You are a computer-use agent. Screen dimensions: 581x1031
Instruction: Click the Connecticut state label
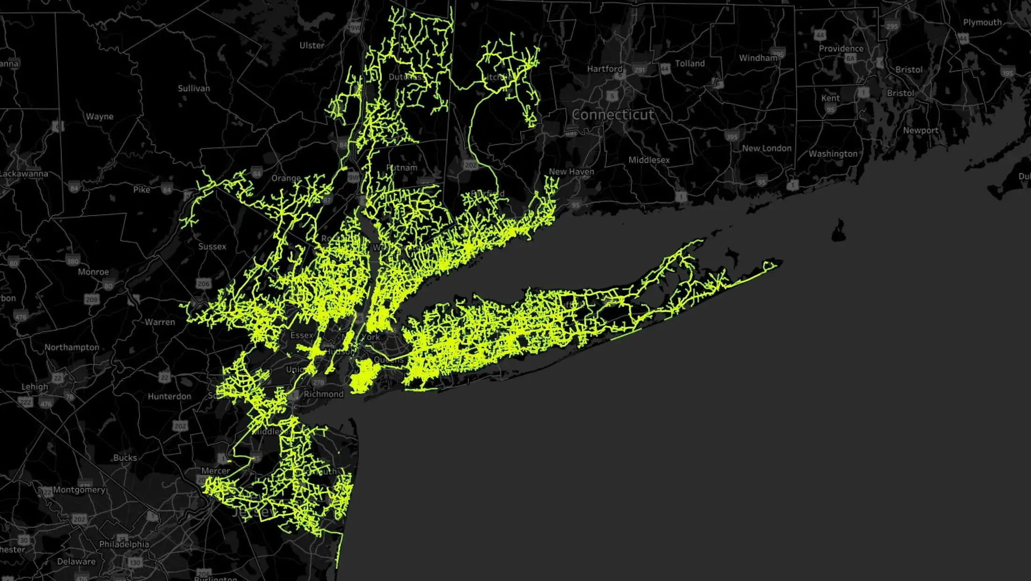(613, 115)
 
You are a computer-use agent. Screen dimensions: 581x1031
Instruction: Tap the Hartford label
(604, 69)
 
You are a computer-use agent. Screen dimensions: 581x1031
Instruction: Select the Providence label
(841, 49)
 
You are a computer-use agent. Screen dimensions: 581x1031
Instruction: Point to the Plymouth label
(982, 22)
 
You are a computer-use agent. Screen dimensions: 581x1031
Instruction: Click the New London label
(766, 148)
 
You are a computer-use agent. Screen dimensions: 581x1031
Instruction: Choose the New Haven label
(571, 172)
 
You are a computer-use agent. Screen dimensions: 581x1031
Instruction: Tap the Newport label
(920, 131)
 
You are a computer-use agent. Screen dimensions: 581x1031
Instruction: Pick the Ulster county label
(312, 45)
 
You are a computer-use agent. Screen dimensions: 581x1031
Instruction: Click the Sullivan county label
(194, 88)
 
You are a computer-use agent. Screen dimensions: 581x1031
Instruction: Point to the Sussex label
(212, 247)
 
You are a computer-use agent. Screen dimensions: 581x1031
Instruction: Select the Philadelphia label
(124, 544)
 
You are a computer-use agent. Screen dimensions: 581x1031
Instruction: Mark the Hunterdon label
(169, 396)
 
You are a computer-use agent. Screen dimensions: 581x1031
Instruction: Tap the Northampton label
(72, 347)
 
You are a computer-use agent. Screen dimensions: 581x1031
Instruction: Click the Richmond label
(323, 394)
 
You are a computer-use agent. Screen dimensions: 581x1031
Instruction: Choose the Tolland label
(690, 64)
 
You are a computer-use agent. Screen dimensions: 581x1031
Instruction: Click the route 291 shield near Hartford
(639, 70)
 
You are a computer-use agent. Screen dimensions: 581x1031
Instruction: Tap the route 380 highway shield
(73, 261)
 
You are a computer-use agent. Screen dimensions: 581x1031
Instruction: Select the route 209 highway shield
(92, 299)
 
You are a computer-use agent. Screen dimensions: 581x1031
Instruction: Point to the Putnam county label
(401, 167)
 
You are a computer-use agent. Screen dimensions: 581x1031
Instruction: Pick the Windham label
(758, 58)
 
